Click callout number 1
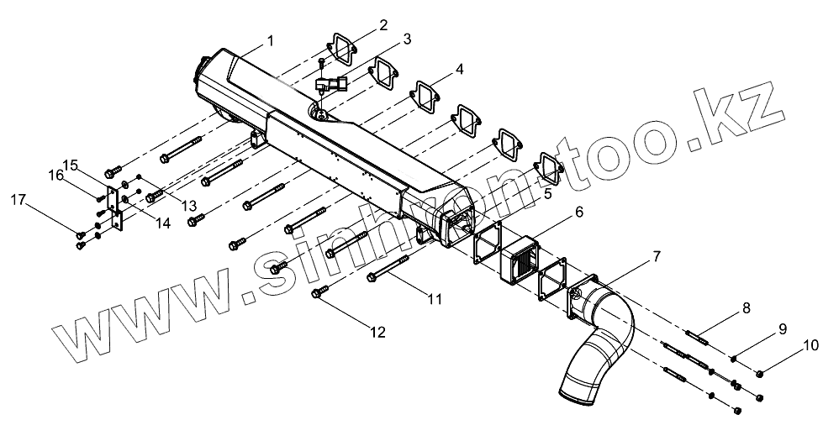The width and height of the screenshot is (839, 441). (x=270, y=39)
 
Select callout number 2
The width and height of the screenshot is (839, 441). (x=383, y=24)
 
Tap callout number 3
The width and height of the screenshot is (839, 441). (x=406, y=39)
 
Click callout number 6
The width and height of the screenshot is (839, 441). (x=579, y=213)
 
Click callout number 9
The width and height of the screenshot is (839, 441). (x=782, y=328)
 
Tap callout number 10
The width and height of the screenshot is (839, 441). (x=810, y=344)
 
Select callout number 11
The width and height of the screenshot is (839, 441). (x=433, y=297)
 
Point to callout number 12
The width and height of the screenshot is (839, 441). (x=377, y=333)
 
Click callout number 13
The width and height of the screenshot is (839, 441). (x=190, y=207)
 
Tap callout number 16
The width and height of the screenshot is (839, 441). (x=56, y=175)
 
